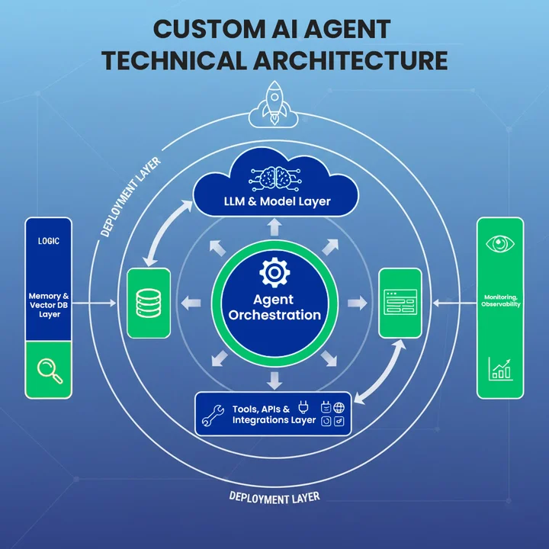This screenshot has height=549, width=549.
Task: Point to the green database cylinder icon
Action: click(147, 303)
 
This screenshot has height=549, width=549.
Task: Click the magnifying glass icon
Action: click(49, 371)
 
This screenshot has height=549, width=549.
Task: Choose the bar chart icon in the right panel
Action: click(500, 369)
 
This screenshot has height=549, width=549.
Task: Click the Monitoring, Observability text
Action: click(501, 300)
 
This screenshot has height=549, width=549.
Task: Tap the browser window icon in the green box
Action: click(400, 303)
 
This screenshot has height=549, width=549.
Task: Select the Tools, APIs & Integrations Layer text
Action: click(273, 415)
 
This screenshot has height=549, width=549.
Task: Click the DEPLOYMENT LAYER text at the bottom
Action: click(274, 497)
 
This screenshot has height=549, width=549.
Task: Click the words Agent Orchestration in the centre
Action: click(275, 307)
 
